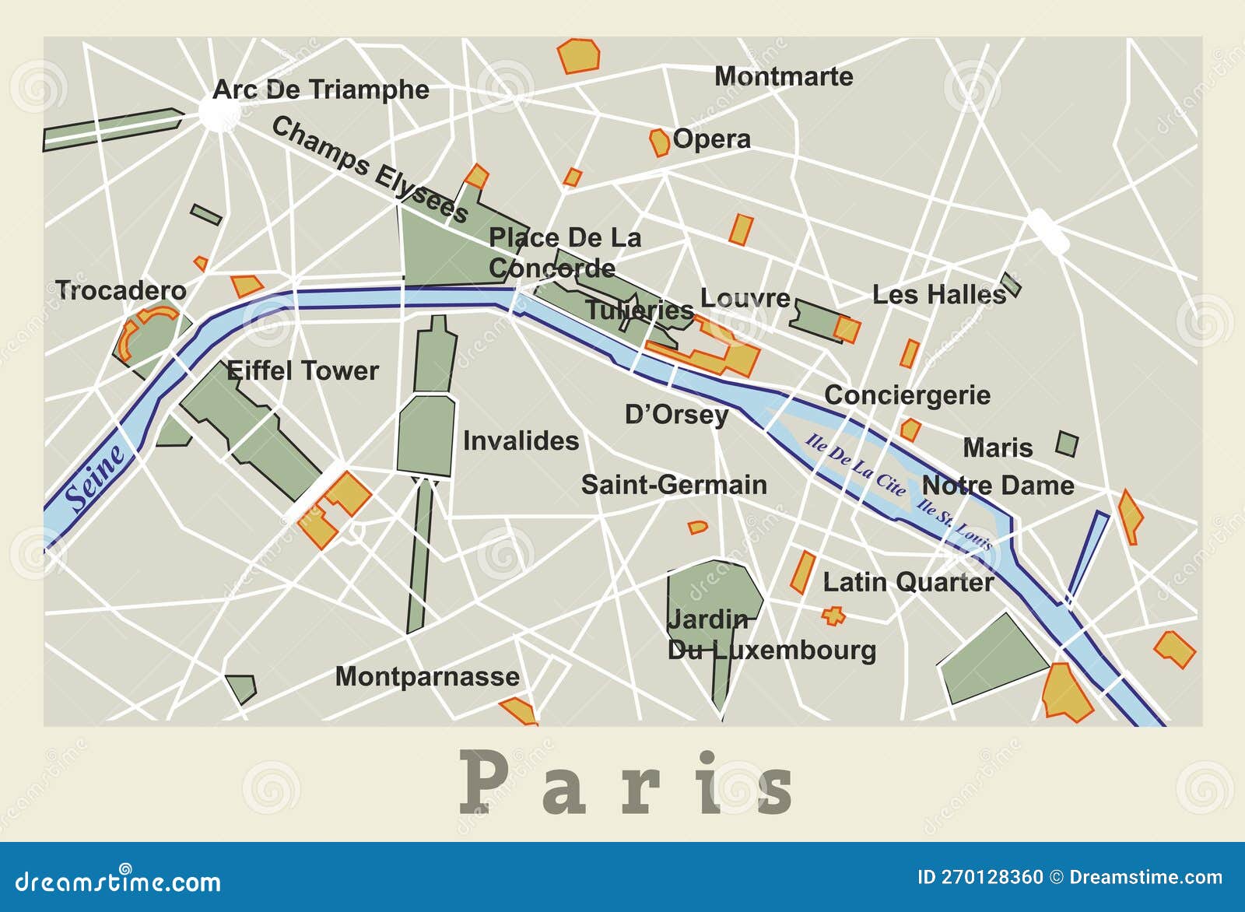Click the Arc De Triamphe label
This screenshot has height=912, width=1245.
coord(321,89)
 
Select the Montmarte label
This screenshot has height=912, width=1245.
coord(784,76)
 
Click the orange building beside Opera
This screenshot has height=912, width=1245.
coord(659,142)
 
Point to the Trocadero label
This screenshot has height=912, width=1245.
coord(121,290)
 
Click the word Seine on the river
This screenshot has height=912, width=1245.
coord(95,478)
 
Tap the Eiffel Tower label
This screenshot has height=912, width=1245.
coord(303,370)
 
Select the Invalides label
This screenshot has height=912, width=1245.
coord(521,440)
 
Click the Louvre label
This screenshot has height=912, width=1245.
coord(745,298)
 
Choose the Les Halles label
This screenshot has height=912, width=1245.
coord(939,295)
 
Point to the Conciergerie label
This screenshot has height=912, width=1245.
coord(907,395)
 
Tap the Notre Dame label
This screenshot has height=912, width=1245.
coord(998,486)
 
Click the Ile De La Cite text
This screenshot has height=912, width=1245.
coord(855,465)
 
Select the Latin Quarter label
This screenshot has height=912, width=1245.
coord(908,582)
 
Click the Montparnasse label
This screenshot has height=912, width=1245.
coord(427,676)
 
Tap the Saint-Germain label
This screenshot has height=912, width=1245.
coord(674,485)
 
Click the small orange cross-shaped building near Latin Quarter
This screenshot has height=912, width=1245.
coord(833,616)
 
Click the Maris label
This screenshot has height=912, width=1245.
coord(998,448)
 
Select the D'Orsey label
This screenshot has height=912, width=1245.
coord(676,415)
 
